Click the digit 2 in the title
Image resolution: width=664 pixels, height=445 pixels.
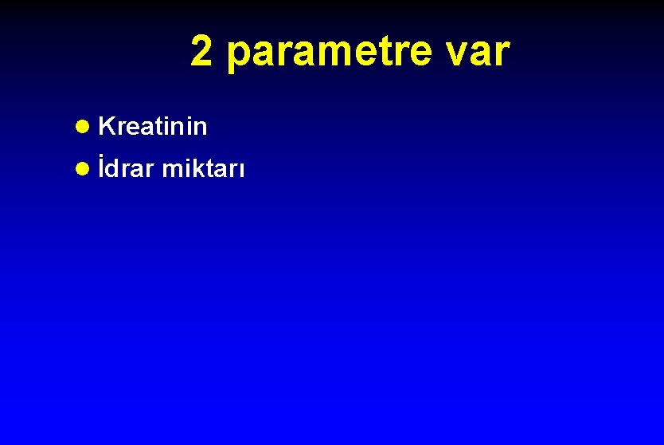click(x=202, y=53)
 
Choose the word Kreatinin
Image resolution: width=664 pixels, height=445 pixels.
click(x=154, y=126)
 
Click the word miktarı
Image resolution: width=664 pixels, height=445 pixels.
click(x=204, y=169)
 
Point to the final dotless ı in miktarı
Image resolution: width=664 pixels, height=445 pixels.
click(x=242, y=171)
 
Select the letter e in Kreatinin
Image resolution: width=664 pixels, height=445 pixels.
click(x=132, y=128)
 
